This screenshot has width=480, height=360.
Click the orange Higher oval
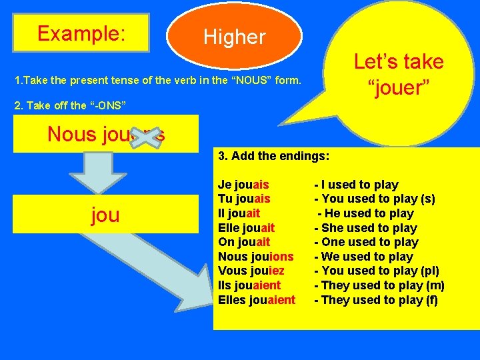[x=235, y=37]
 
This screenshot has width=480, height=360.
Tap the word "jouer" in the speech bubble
[x=399, y=87]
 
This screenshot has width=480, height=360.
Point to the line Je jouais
[x=243, y=185]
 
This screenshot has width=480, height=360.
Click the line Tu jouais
[x=244, y=199]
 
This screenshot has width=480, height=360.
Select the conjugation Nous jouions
[x=255, y=257]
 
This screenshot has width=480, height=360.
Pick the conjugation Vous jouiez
[x=251, y=271]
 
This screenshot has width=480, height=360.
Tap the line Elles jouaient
[x=256, y=300]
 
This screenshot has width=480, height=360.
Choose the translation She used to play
[x=365, y=228]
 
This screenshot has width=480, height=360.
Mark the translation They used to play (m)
[x=379, y=285]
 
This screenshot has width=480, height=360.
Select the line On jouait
[x=244, y=242]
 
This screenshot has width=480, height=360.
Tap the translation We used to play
[x=363, y=257]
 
